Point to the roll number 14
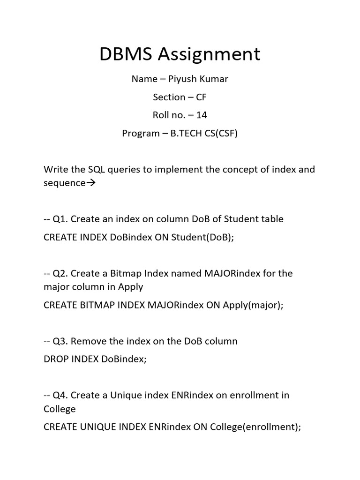pos(202,115)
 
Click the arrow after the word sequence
pos(91,183)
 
